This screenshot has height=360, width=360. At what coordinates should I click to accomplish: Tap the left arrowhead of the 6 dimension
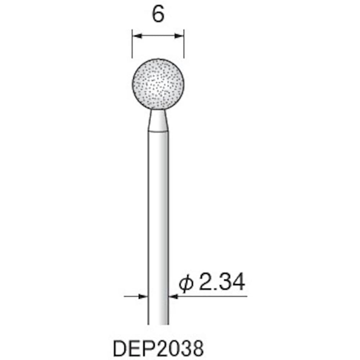coord(137,36)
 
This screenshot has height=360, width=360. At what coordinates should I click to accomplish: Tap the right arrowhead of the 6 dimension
coord(180,36)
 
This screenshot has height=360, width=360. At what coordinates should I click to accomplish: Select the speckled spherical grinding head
coord(158,85)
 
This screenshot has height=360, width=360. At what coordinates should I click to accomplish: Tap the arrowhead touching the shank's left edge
coord(144,296)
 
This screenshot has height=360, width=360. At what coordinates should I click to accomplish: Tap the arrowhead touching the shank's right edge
coord(173,296)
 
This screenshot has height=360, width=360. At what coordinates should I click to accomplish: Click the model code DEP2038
coord(158,348)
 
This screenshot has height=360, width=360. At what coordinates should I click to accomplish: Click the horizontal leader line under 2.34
coord(216,296)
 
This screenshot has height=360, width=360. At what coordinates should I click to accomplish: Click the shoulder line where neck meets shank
coord(158,132)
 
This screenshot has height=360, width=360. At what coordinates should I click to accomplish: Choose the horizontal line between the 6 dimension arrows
coord(158,36)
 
